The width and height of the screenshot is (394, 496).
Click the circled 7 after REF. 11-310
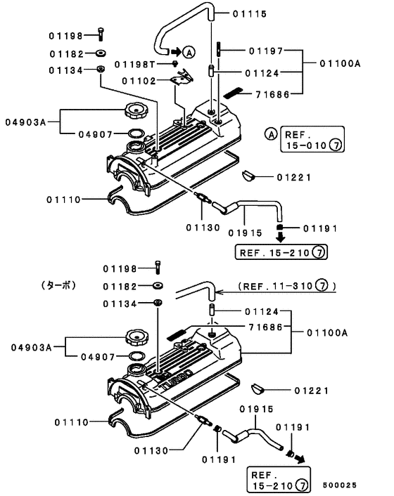click(x=321, y=287)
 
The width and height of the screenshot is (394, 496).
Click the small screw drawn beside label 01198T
click(x=174, y=64)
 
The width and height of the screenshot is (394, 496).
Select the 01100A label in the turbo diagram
click(x=328, y=333)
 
